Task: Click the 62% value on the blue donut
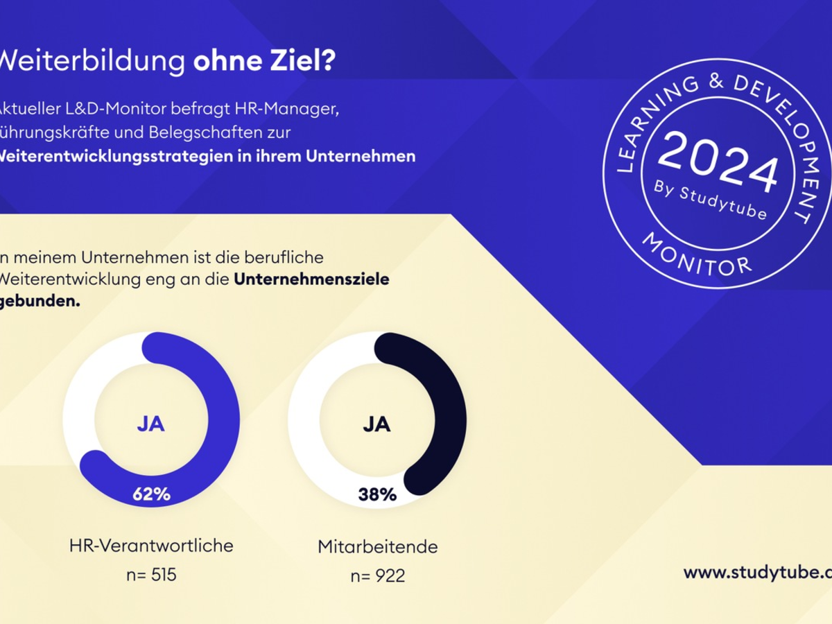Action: point(151,494)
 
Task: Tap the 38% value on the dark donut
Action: point(377,494)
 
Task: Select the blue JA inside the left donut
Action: point(150,424)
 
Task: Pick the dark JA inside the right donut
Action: point(376,424)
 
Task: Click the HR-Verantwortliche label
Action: point(151,546)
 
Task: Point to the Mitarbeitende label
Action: point(378,546)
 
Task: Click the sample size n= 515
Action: point(151,575)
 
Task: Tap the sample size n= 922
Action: point(378,575)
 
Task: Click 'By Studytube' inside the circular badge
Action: point(711,200)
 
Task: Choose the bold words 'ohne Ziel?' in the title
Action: point(264,61)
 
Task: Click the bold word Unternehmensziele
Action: point(311,280)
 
